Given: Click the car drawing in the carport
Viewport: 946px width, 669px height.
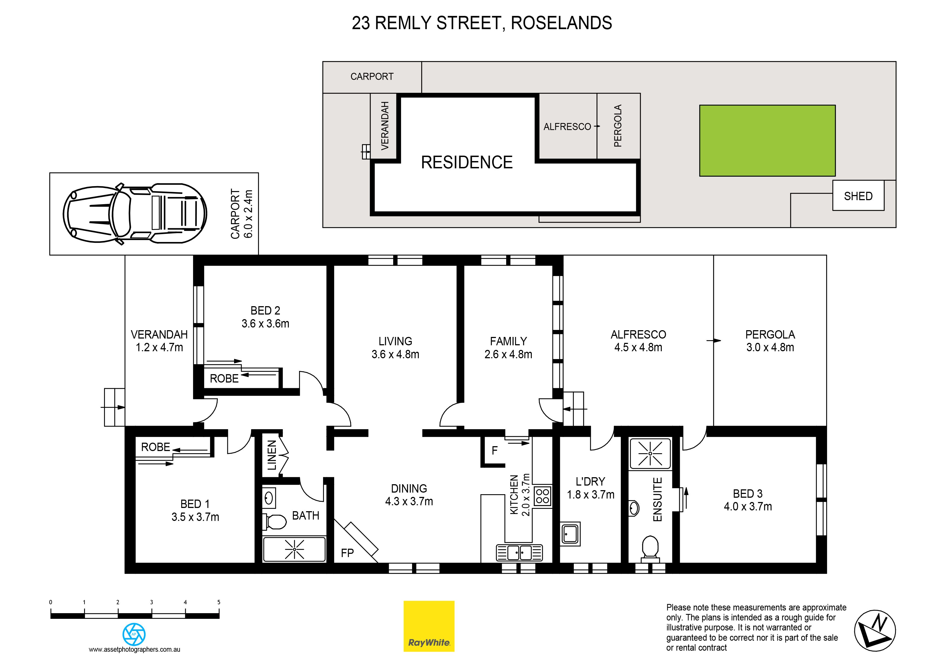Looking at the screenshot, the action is click(x=135, y=214).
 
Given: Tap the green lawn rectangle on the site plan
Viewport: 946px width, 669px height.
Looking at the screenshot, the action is click(x=767, y=141).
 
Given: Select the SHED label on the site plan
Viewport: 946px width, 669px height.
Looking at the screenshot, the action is click(x=858, y=196).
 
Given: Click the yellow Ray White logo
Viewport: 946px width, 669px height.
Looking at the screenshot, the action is click(x=429, y=626).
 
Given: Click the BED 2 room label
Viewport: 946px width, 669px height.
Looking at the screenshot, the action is click(x=265, y=310).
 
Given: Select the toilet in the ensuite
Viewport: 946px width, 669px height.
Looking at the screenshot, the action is click(x=651, y=549).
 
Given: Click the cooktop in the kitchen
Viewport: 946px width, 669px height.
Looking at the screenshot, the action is click(x=543, y=496).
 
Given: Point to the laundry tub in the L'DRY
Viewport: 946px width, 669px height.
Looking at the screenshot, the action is click(x=570, y=534).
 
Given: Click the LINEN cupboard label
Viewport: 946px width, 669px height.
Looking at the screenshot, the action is click(x=272, y=455).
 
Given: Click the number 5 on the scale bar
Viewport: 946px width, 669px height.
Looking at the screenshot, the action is click(x=219, y=602).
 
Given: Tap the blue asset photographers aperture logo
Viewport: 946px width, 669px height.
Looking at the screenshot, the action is click(x=134, y=634).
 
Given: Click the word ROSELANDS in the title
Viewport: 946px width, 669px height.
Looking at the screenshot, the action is click(x=561, y=23).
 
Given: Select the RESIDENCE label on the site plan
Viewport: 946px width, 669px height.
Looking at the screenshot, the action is click(x=467, y=162).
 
